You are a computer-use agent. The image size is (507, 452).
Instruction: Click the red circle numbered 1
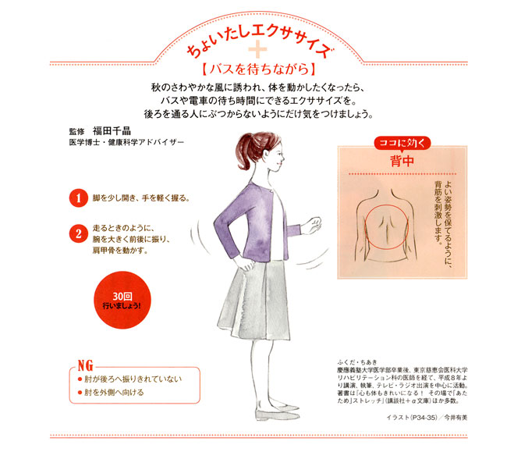pos(78,198)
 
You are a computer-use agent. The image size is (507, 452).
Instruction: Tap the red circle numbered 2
pos(78,233)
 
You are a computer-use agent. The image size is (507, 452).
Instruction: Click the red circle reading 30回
pos(122,301)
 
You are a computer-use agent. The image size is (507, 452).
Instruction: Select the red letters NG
pos(86,365)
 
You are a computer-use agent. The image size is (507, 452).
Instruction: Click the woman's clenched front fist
pos(311,225)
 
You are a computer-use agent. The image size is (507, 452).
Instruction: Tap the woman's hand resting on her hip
pos(244,264)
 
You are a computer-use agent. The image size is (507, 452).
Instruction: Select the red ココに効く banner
pos(402,143)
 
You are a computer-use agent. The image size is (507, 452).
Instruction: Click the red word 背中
pos(402,161)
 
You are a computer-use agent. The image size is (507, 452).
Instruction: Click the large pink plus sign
pos(257,49)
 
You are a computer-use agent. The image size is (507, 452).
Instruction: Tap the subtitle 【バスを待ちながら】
pos(258,69)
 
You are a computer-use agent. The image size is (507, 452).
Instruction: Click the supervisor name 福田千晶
pos(112,130)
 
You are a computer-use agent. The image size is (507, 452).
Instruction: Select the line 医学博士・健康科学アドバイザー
pos(126,142)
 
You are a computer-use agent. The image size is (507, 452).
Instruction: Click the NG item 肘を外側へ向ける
pos(114,393)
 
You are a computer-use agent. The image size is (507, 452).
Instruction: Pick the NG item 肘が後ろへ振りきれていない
pos(133,379)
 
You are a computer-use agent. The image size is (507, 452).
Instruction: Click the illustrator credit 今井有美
pos(456,418)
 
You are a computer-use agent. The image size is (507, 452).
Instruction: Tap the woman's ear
pos(267,154)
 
